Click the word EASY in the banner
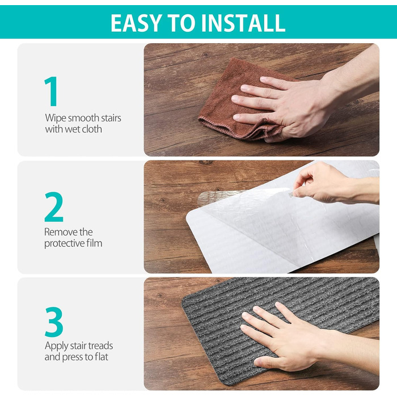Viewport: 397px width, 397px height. coord(136,23)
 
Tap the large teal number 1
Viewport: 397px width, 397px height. coord(51,91)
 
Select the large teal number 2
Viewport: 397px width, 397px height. coord(54,207)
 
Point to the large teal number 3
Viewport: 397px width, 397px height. coord(54,322)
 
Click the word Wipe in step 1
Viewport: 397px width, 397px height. coord(56,118)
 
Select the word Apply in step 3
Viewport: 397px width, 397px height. coord(56,346)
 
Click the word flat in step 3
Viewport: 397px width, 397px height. coord(102,357)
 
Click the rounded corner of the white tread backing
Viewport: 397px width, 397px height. coord(189,215)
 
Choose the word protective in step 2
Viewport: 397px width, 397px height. coord(65,243)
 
